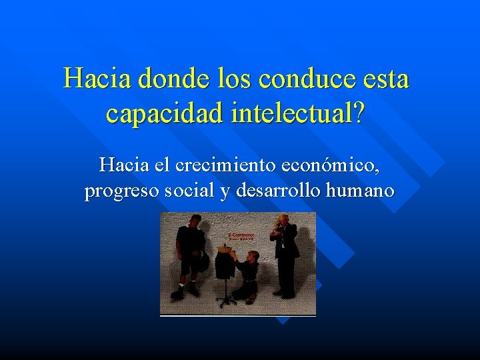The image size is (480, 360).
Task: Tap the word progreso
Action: (122, 191)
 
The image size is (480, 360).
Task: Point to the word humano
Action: (361, 191)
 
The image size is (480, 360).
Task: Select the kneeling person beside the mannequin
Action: (249, 273)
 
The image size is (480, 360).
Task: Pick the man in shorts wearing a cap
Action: (190, 253)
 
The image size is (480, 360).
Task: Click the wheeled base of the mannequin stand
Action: (227, 301)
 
